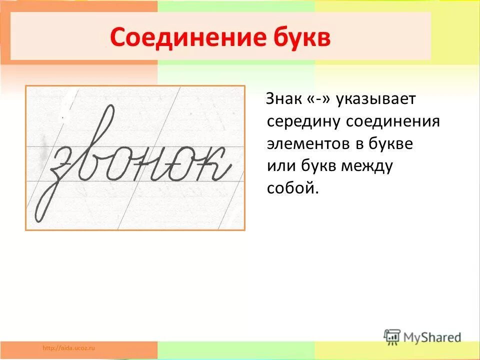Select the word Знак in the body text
pyautogui.click(x=283, y=99)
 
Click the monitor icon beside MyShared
pyautogui.click(x=392, y=337)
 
